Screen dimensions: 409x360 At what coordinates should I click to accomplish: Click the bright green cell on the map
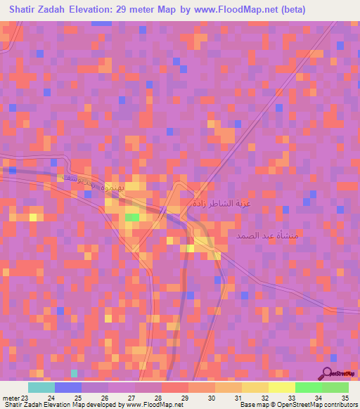point(131,218)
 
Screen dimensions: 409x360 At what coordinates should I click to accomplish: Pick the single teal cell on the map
point(74,372)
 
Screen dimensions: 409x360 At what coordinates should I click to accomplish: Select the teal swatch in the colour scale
point(41,387)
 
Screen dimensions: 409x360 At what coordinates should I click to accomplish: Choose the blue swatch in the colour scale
point(68,387)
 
